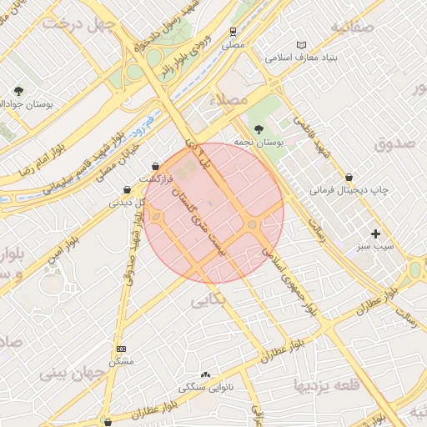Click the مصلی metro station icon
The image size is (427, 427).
(x=234, y=33)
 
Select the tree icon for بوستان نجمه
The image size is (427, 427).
(x=259, y=129)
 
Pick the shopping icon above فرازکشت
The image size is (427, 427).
(x=156, y=166)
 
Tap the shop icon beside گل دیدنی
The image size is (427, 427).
(x=126, y=189)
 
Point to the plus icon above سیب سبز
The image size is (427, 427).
(x=375, y=234)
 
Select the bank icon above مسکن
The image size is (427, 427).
(x=121, y=349)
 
